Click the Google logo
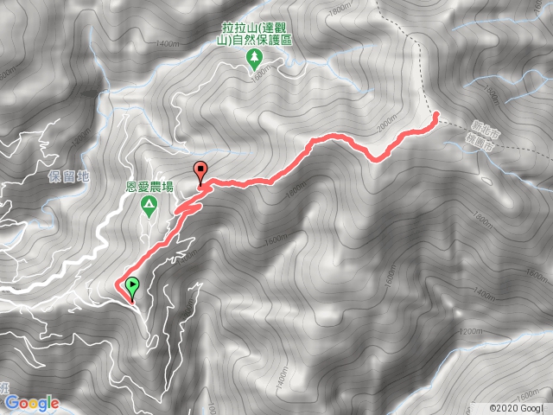(31, 402)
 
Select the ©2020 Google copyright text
(515, 407)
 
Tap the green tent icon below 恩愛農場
(149, 205)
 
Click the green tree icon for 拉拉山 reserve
(255, 58)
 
